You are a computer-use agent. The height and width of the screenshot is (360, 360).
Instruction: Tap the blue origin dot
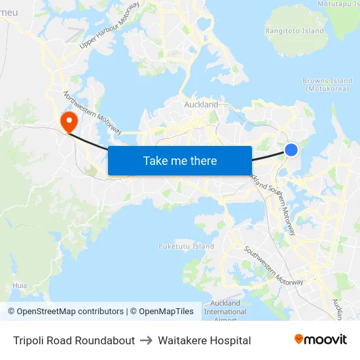[x=291, y=150]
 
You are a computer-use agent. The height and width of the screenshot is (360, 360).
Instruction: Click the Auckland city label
[x=201, y=105]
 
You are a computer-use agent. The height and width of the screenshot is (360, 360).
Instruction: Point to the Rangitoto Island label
[x=294, y=31]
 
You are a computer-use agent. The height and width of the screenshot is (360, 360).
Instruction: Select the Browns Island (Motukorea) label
[x=327, y=85]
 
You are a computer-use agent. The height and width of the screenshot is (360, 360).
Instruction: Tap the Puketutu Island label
[x=186, y=247]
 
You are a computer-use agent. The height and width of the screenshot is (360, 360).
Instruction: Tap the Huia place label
[x=20, y=286]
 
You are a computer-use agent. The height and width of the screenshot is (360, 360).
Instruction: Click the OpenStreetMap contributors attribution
[x=65, y=312]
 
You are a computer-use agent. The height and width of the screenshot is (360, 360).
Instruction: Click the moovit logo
[x=320, y=340]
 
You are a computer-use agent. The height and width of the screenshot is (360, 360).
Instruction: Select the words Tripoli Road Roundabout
[x=74, y=340]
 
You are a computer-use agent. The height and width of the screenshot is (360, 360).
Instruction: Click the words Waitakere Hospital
[x=204, y=340]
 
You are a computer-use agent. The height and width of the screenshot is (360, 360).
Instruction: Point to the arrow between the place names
[x=146, y=340]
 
